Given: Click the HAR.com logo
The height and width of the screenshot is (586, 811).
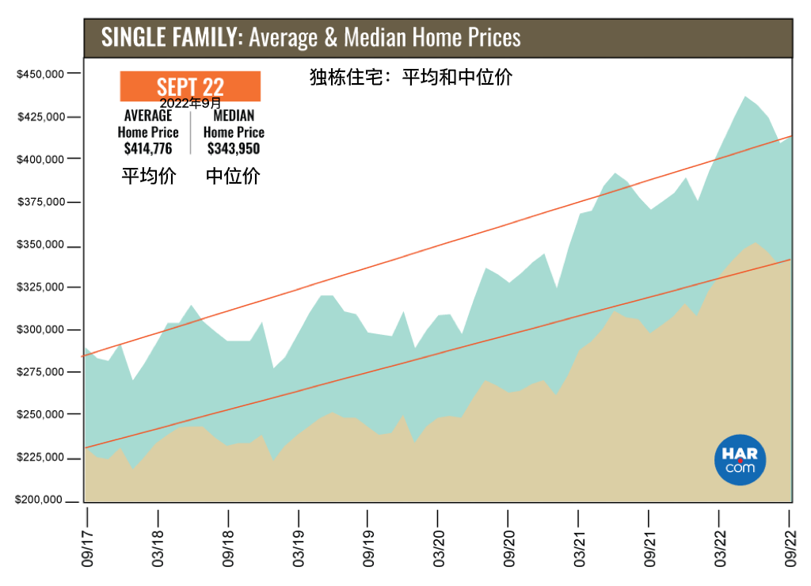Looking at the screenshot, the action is click(740, 460).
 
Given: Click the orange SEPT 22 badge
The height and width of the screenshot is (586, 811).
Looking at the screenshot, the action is click(190, 86).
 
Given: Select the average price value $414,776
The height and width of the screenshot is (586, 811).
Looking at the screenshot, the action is click(148, 149).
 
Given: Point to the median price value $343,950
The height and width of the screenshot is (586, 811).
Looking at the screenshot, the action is click(234, 149).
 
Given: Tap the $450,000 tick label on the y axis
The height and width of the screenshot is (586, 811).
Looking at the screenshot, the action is click(40, 74).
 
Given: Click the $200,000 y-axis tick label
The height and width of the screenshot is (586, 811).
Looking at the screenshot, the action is click(39, 500).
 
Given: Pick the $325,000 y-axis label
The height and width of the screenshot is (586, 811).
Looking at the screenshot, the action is click(40, 287).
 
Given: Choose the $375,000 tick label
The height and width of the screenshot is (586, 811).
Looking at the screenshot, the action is click(41, 202).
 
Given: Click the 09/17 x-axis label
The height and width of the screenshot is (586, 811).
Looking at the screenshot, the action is click(87, 548).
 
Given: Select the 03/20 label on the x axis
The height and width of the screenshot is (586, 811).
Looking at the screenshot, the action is click(439, 548).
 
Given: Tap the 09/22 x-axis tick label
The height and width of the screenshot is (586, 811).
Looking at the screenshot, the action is click(790, 548).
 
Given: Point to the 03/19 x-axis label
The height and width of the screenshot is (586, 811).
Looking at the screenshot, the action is click(299, 548).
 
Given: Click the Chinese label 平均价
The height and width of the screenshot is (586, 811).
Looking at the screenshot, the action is click(149, 176).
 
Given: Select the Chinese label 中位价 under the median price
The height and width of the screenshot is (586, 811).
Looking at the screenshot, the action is click(233, 176).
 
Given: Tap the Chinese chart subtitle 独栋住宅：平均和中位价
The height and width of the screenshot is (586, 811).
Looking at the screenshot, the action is click(411, 77).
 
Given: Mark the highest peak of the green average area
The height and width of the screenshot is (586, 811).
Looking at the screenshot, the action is click(744, 97).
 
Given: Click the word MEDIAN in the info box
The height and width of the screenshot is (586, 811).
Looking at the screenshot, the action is click(234, 116).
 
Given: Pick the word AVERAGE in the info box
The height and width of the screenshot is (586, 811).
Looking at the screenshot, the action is click(148, 116).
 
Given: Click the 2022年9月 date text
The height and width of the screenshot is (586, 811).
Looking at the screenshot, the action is click(190, 104).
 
